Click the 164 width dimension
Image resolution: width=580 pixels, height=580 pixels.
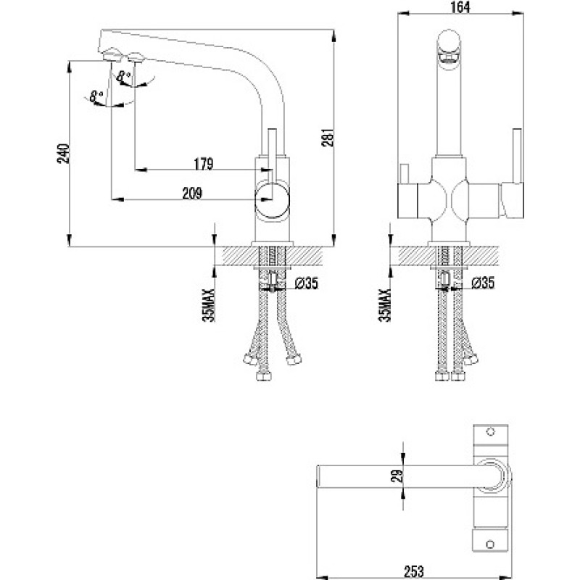coord(460,7)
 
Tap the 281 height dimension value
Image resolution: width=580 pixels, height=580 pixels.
coord(328,138)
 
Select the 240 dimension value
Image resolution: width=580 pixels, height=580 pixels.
coord(63,153)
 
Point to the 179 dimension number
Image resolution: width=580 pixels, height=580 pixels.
coord(204,164)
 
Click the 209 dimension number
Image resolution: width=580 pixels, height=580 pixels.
coord(192,193)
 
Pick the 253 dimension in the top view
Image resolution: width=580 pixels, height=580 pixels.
coord(414,571)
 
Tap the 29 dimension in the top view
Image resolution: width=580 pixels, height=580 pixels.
coord(397,476)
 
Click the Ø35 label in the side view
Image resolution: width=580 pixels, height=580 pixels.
coord(306,283)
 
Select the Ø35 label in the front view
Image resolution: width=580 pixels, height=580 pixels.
coord(483,283)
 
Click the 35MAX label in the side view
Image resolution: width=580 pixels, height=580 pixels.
coord(209,305)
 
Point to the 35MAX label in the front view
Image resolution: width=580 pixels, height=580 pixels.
coord(385,305)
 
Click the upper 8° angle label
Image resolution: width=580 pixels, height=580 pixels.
coord(123,76)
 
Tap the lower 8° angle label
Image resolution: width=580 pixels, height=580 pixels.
coord(96,96)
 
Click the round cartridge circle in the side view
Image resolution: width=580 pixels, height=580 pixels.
coord(272,200)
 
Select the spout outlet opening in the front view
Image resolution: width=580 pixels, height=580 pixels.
coord(449,58)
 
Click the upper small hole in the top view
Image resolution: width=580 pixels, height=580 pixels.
coord(491,431)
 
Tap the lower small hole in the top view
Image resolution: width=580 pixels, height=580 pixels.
coord(491,544)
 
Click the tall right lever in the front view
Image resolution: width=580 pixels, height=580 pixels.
coord(517,155)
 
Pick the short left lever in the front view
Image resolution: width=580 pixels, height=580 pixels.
coord(404,174)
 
